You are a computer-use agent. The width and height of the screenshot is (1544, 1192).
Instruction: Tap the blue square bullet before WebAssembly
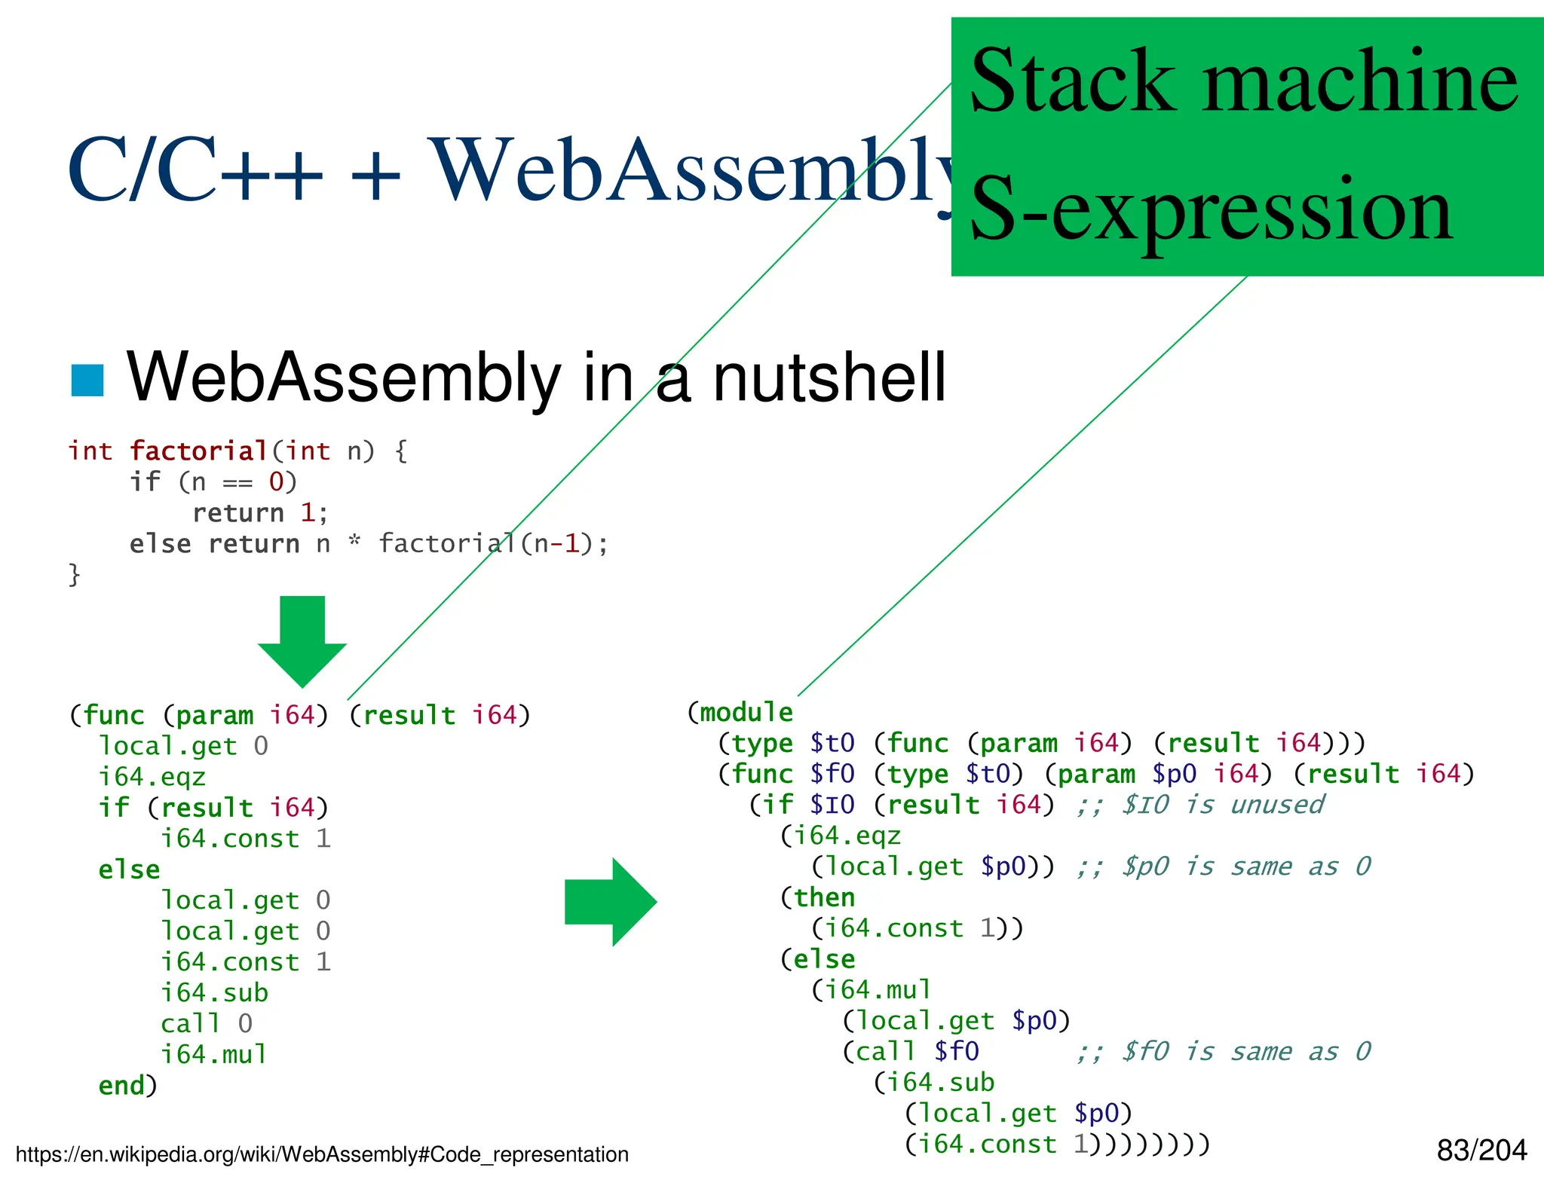tap(87, 380)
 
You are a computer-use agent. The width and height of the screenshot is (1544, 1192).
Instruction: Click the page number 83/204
tap(1481, 1151)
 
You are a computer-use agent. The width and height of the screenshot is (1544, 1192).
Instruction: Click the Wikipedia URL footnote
tap(322, 1154)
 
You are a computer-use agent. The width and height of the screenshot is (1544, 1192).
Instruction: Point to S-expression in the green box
tap(1211, 209)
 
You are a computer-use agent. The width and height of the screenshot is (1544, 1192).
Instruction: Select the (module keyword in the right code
tap(740, 712)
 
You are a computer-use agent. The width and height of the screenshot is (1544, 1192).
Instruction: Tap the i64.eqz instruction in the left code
tap(152, 777)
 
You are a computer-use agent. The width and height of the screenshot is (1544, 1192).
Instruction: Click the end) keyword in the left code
tap(127, 1086)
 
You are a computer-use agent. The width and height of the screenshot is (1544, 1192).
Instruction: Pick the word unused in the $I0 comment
tap(1277, 805)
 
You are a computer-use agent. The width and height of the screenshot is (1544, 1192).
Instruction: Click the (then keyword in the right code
tap(818, 897)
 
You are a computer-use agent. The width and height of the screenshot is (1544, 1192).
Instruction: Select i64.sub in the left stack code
tap(214, 993)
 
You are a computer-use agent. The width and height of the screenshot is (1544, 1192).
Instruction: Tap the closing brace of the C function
tap(74, 575)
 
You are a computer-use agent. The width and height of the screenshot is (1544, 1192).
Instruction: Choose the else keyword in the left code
tap(129, 870)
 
